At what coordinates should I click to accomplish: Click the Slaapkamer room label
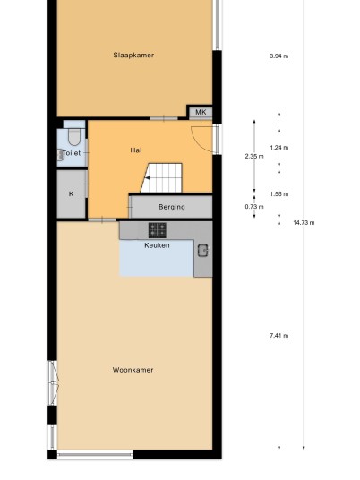coord(133,56)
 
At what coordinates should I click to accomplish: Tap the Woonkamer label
coord(133,370)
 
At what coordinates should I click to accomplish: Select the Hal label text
coord(136,150)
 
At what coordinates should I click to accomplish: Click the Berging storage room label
coord(172,207)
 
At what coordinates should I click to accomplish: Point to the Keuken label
coord(157,245)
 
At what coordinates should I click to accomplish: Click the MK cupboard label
coord(201,112)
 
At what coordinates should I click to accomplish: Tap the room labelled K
coord(71,193)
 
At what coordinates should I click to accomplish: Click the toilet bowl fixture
coord(74,137)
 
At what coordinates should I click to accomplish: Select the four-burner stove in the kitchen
coord(158,230)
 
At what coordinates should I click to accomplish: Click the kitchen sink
coord(203,251)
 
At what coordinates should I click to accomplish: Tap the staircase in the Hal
coord(161,178)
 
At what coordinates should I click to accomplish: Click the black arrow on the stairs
coord(148,178)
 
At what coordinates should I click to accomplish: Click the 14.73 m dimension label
coord(304,223)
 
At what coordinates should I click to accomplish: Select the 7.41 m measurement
coord(279,336)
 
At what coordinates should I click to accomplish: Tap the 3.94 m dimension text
coord(279,56)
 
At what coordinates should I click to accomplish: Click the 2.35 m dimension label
coord(254,156)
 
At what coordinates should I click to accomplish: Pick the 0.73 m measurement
coord(254,207)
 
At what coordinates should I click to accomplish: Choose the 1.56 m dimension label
coord(279,193)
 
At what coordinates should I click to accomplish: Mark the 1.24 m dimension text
coord(279,148)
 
